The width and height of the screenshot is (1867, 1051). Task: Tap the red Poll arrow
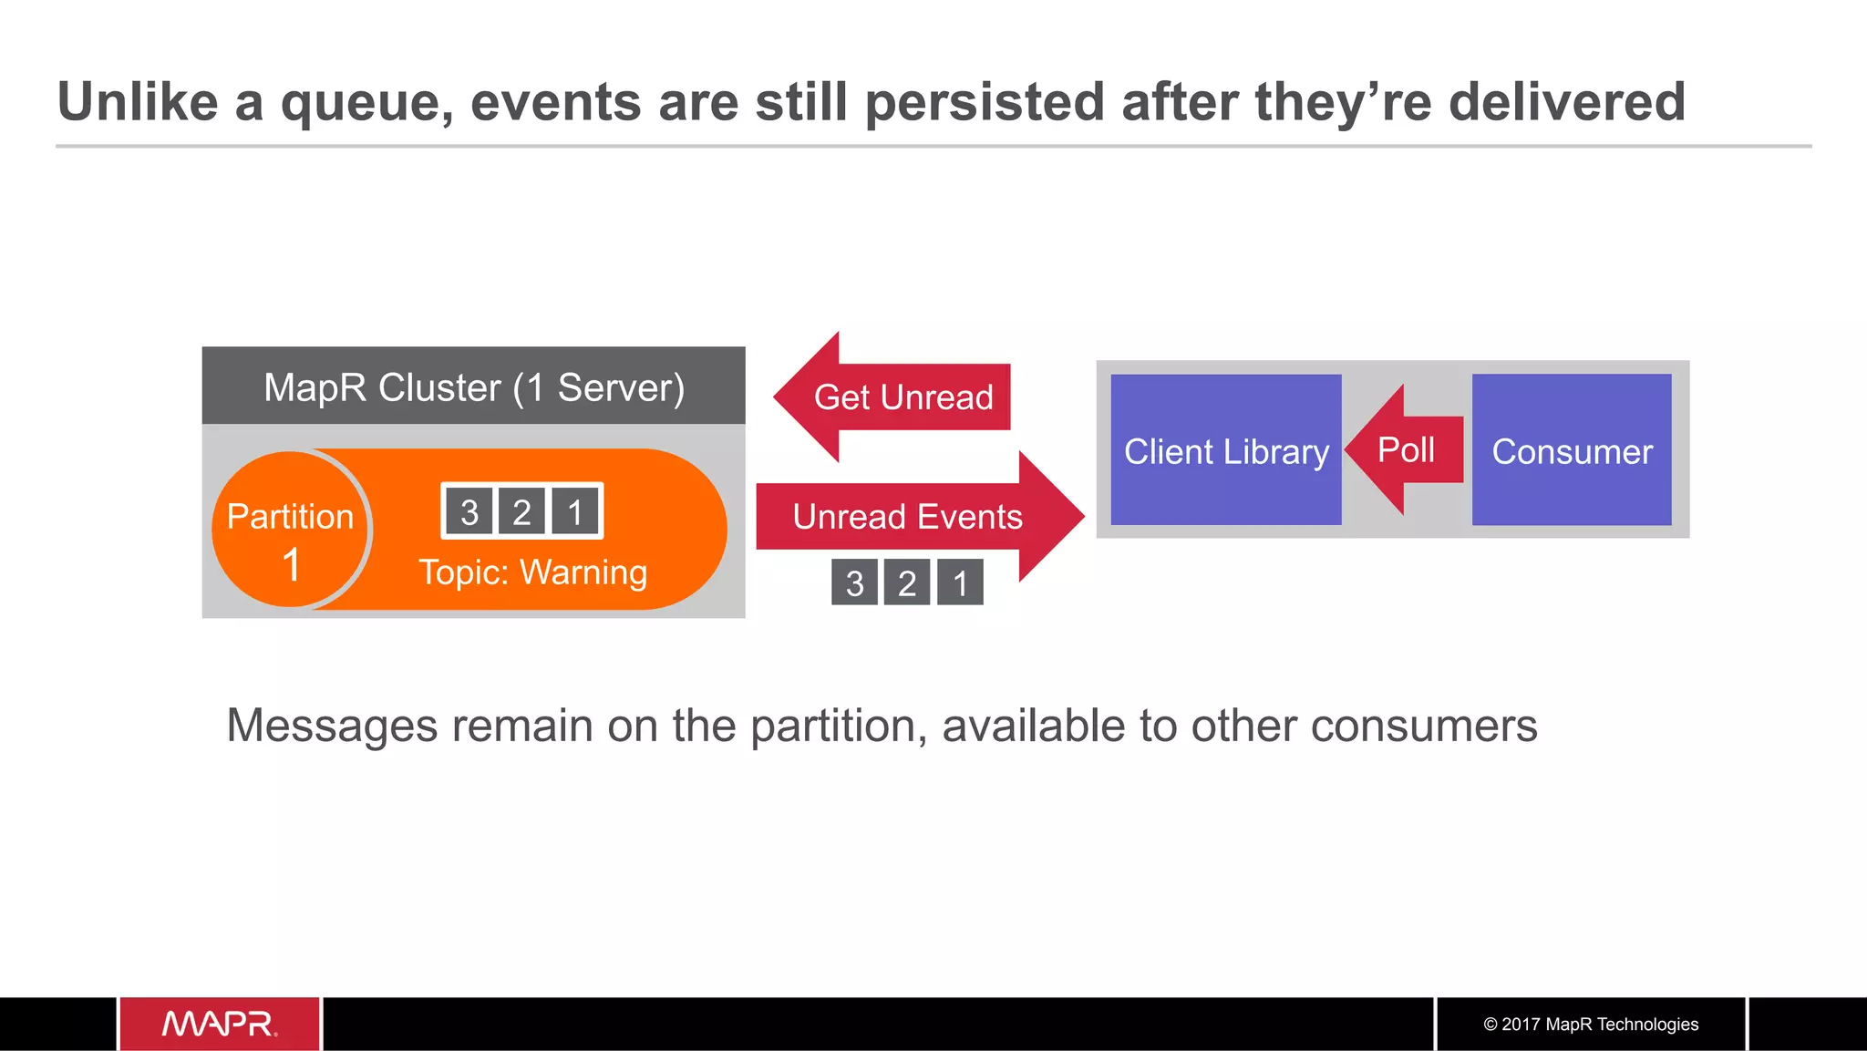pyautogui.click(x=1406, y=450)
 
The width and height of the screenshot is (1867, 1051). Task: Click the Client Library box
pyautogui.click(x=1225, y=450)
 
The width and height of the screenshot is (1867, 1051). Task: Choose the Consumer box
pyautogui.click(x=1572, y=450)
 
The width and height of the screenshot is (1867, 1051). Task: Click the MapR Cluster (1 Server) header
pyautogui.click(x=473, y=386)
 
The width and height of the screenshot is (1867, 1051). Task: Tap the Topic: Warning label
pyautogui.click(x=532, y=572)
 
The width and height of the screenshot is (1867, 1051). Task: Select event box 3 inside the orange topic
pyautogui.click(x=469, y=512)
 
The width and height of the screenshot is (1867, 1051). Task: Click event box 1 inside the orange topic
pyautogui.click(x=575, y=512)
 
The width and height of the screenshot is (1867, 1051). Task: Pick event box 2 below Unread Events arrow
pyautogui.click(x=907, y=582)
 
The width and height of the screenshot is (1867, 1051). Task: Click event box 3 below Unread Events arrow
pyautogui.click(x=854, y=582)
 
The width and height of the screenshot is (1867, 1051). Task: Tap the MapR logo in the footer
pyautogui.click(x=220, y=1024)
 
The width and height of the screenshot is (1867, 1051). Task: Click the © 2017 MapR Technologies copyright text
pyautogui.click(x=1591, y=1024)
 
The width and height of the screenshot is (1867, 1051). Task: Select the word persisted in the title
pyautogui.click(x=985, y=102)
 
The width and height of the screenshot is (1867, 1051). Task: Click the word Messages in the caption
pyautogui.click(x=332, y=726)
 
